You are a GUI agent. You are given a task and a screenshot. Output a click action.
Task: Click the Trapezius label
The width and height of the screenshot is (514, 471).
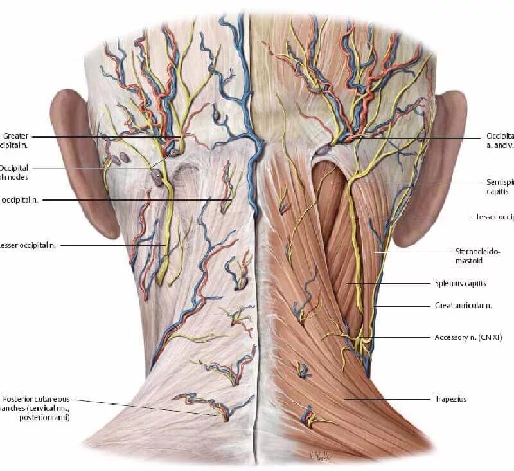(450, 400)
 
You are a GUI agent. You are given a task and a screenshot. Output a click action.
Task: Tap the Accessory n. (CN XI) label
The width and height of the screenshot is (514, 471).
(466, 337)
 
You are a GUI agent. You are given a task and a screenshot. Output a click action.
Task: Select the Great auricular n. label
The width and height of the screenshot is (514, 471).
(463, 306)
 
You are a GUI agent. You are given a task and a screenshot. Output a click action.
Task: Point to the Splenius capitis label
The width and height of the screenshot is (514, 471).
(460, 283)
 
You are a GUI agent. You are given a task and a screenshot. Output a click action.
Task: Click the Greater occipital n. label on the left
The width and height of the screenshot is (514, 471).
(16, 140)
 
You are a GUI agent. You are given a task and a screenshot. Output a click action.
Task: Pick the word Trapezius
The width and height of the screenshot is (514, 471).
(450, 400)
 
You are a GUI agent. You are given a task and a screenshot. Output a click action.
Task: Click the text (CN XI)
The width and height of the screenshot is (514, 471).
(490, 337)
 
